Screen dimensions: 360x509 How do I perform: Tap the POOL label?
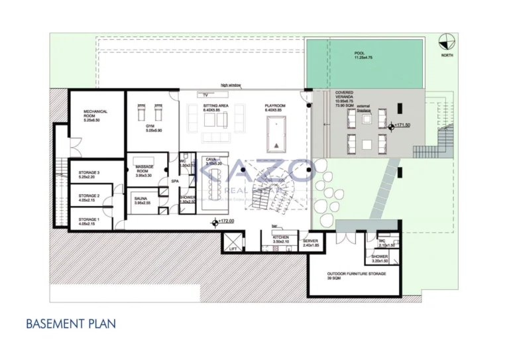tap(359, 53)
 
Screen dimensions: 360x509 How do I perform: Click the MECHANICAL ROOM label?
tap(95, 113)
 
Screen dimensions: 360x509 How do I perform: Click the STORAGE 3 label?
tap(89, 174)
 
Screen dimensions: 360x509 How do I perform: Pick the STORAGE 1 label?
tap(89, 219)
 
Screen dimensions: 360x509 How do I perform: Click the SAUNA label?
tap(141, 198)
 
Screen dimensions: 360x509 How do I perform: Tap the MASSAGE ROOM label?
tap(144, 168)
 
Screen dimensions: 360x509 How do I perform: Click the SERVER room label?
tap(311, 241)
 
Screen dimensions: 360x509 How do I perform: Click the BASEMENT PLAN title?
tap(71, 324)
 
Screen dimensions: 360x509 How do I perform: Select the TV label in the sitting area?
tap(205, 95)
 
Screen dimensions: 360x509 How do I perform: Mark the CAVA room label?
tap(211, 160)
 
